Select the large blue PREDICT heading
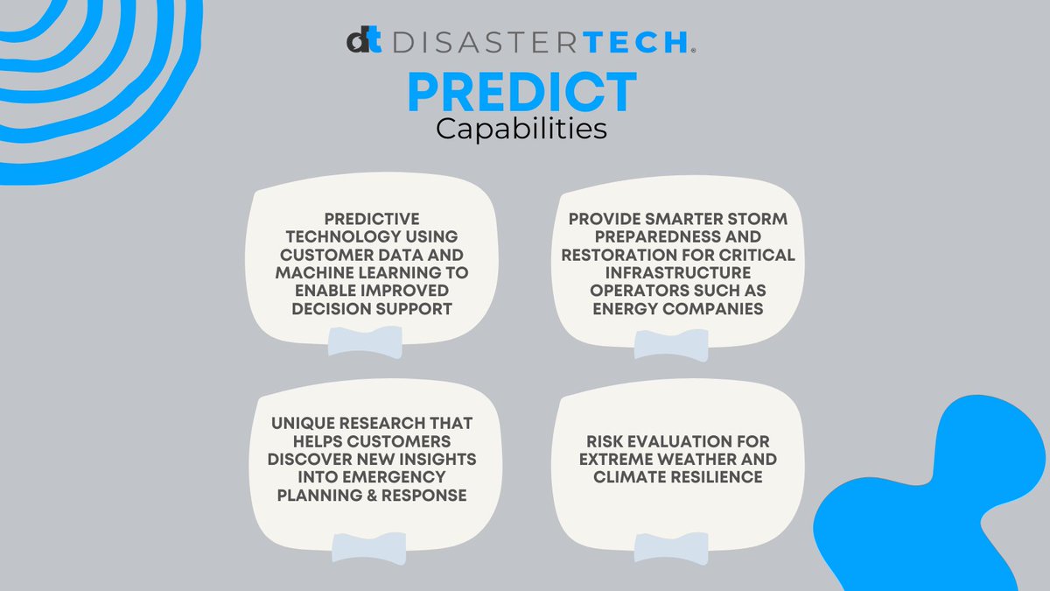click(522, 91)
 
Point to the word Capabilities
click(521, 129)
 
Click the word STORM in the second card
click(740, 217)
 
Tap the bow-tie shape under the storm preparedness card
click(671, 344)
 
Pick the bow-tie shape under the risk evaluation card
click(671, 547)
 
